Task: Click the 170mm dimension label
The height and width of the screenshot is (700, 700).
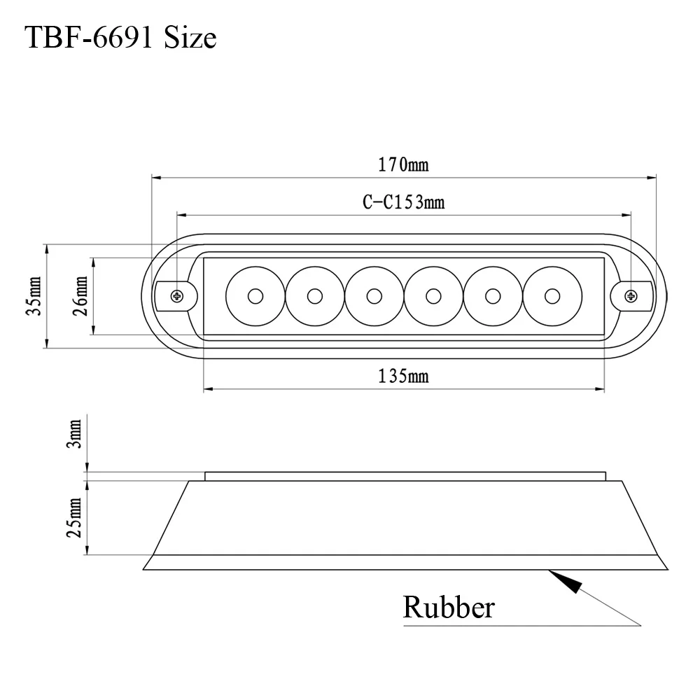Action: tap(403, 165)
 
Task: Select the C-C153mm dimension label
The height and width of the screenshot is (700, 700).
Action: tap(403, 203)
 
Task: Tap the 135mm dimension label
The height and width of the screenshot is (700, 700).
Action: tap(403, 377)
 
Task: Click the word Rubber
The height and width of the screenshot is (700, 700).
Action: tap(448, 607)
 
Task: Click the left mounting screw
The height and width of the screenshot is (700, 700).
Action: tap(177, 295)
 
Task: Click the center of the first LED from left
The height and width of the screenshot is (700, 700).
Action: tap(255, 296)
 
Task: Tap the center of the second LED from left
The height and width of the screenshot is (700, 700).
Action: tap(314, 296)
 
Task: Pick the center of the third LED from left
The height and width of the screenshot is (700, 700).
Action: tap(374, 296)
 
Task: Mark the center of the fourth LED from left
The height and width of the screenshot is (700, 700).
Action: tap(433, 296)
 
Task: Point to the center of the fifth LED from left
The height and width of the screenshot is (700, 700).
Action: tap(493, 296)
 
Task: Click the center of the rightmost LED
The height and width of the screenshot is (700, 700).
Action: tap(552, 296)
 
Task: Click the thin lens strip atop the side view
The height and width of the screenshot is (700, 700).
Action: tap(405, 476)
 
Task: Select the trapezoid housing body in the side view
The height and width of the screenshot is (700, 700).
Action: tap(405, 518)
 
